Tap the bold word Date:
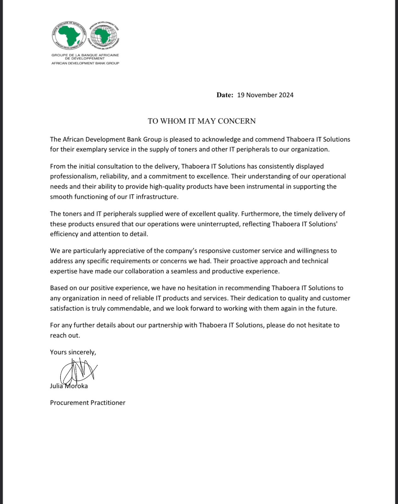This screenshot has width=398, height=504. pyautogui.click(x=225, y=95)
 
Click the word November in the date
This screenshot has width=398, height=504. pyautogui.click(x=261, y=95)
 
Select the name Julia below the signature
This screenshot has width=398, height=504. pyautogui.click(x=56, y=386)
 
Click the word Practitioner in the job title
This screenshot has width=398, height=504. pyautogui.click(x=108, y=403)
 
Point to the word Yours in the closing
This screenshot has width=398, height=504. pyautogui.click(x=58, y=352)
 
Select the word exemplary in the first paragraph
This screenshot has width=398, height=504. pyautogui.click(x=94, y=149)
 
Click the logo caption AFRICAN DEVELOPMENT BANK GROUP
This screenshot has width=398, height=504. pyautogui.click(x=85, y=63)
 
